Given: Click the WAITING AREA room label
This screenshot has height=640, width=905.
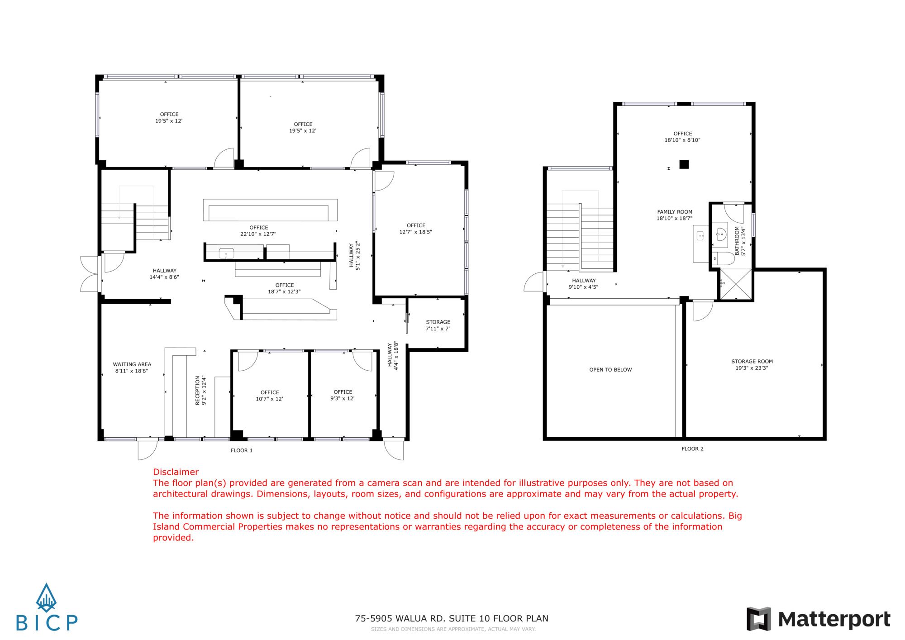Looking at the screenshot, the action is [132, 368].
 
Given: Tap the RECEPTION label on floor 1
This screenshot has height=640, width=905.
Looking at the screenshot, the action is [200, 390].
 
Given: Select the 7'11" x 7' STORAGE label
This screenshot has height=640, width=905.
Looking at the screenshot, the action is [438, 325].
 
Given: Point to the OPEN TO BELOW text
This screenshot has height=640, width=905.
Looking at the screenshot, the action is [610, 370].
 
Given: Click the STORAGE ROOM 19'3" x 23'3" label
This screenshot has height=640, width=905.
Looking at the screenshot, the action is [752, 365].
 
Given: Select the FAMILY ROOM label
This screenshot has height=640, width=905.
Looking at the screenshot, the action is [675, 215].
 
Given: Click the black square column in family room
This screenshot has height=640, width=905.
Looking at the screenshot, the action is [684, 164].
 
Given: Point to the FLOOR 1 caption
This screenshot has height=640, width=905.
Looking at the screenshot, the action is [242, 450].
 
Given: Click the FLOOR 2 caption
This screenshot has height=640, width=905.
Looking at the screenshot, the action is [692, 449].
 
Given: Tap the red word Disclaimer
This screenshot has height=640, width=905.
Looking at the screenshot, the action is [176, 472].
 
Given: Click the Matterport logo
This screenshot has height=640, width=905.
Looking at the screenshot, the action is [819, 619].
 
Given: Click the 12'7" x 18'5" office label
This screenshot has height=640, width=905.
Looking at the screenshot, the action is [416, 229].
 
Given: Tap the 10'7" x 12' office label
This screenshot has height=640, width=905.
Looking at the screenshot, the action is [270, 396].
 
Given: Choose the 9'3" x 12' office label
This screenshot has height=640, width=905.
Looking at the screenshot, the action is [343, 395].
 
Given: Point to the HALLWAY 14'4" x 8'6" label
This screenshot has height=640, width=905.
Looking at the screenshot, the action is [164, 274].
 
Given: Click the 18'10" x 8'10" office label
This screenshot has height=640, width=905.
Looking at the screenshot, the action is [682, 137].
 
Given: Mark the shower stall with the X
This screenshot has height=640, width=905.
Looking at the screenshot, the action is [736, 284].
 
